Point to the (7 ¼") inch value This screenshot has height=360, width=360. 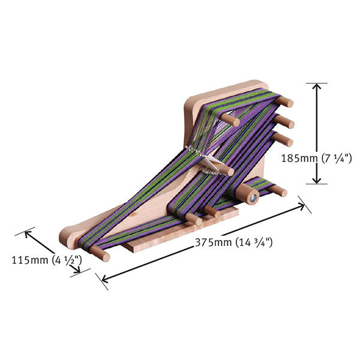[x=332, y=158]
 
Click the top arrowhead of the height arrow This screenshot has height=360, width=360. [x=317, y=88]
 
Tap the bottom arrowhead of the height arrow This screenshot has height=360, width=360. [x=317, y=179]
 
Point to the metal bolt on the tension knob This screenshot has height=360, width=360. [x=254, y=196]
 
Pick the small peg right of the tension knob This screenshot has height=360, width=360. [x=277, y=191]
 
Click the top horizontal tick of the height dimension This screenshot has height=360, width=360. [x=317, y=83]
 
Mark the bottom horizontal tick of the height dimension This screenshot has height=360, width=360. [x=317, y=184]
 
